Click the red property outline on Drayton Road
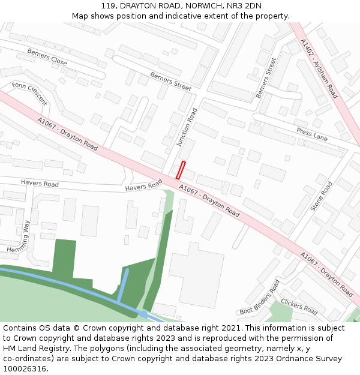click(x=181, y=170)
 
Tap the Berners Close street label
click(x=47, y=57)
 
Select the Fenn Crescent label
click(x=29, y=94)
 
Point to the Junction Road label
click(x=187, y=128)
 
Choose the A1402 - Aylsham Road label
click(x=319, y=69)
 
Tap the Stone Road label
click(x=321, y=197)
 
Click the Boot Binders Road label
click(x=260, y=298)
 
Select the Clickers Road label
click(x=299, y=307)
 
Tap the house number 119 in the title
click(x=109, y=6)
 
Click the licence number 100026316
click(x=25, y=369)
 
